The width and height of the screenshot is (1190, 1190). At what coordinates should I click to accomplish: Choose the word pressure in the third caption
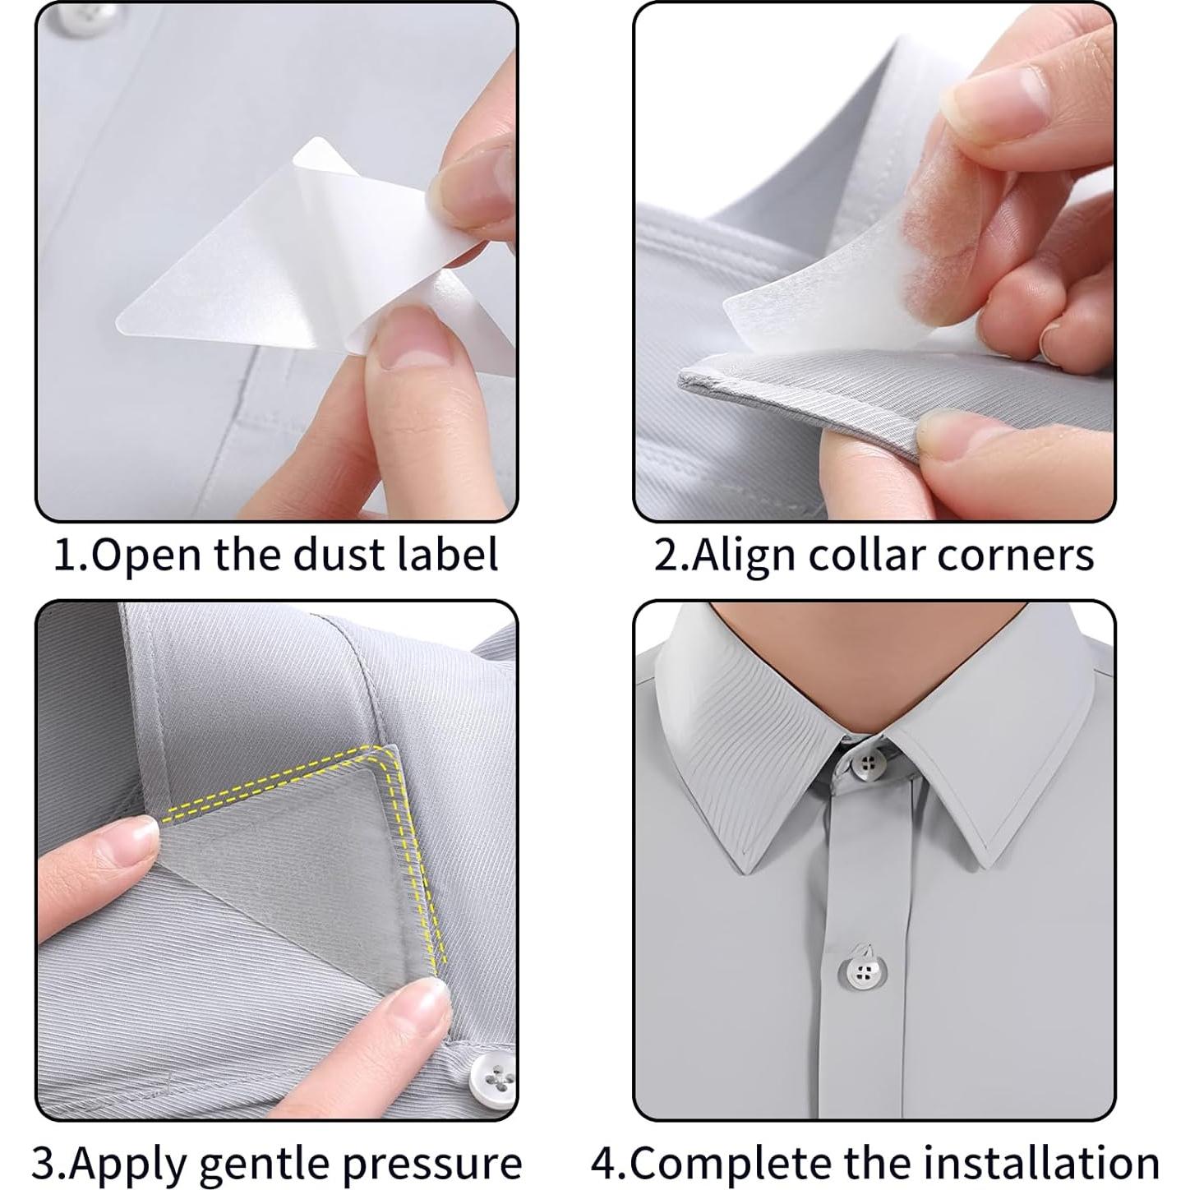click(x=432, y=1162)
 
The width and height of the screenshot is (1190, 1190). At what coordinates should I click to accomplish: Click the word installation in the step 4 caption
click(x=1040, y=1162)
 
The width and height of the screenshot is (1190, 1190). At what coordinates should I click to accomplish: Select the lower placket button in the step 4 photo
click(x=863, y=973)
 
